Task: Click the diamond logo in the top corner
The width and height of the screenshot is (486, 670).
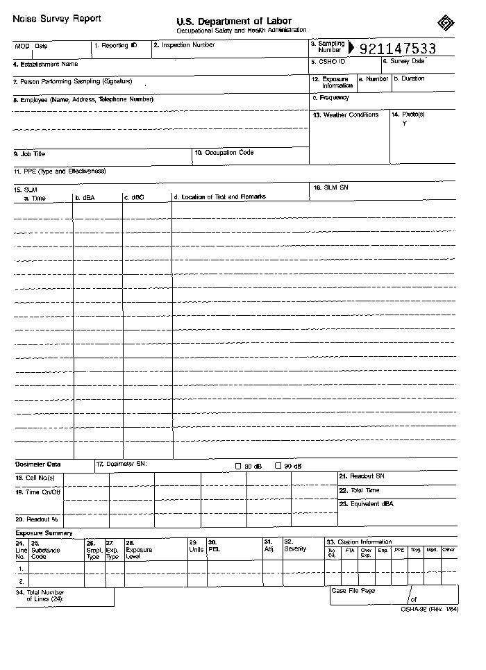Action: tap(445, 23)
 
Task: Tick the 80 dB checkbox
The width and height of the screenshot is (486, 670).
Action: tap(239, 466)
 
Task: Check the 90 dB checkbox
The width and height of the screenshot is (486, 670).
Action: tap(278, 466)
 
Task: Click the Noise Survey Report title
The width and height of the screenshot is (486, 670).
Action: tap(56, 19)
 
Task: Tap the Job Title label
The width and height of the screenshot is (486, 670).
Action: tap(29, 153)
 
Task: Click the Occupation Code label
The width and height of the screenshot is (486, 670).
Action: tap(224, 153)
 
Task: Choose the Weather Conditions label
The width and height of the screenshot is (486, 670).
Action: tap(346, 115)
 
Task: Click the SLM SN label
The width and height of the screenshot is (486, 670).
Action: tap(330, 187)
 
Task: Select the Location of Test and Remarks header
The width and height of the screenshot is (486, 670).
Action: tap(219, 197)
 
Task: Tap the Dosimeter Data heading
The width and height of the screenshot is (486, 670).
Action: tap(38, 464)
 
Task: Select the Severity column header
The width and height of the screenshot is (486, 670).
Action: tap(295, 548)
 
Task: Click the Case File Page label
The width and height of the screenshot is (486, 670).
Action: tap(353, 590)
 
